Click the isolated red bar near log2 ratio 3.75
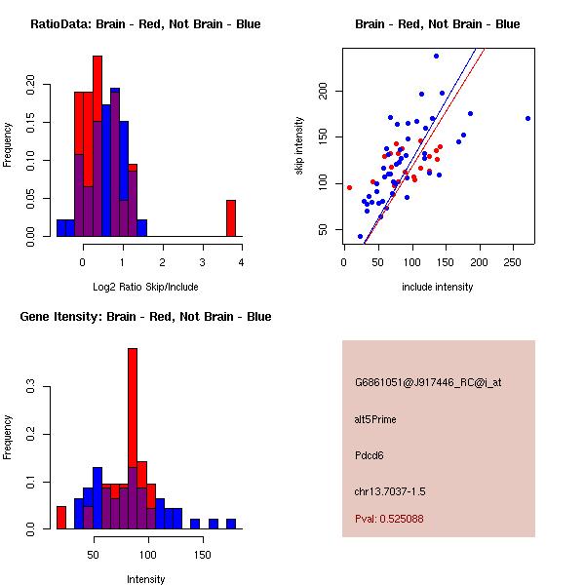[x=231, y=217]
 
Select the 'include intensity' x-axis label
[x=438, y=287]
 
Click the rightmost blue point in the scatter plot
[x=527, y=118]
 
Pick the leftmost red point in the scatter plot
[x=349, y=187]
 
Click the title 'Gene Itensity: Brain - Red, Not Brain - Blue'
[x=145, y=317]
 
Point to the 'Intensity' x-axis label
[x=145, y=579]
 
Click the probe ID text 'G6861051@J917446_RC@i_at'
[x=428, y=382]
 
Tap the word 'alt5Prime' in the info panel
[x=375, y=419]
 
